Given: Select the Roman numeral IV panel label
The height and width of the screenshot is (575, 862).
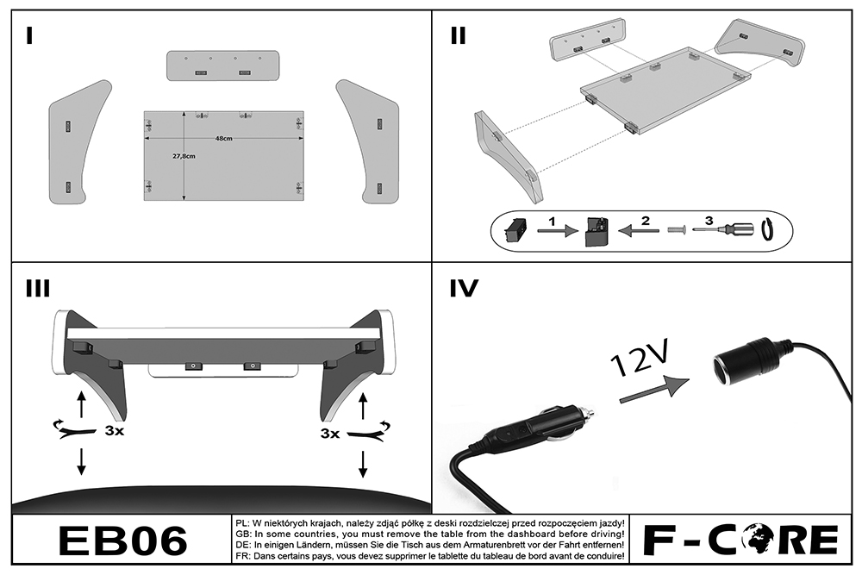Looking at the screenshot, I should [464, 290].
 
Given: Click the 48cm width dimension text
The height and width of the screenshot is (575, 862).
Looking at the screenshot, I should [224, 140].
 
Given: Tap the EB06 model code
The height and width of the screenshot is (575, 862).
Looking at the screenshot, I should [122, 541].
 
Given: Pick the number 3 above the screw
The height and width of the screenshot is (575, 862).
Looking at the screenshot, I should [709, 221].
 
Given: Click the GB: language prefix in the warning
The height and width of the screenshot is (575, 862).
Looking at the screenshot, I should [242, 534].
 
